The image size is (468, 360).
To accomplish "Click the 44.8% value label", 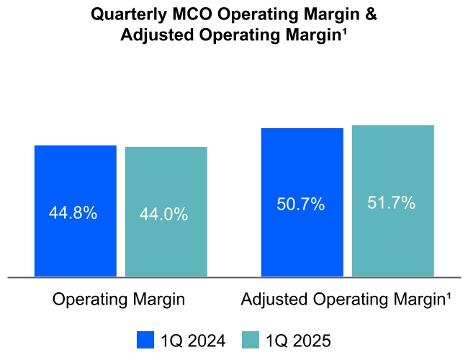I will (x=73, y=213).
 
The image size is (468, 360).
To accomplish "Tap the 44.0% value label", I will (x=163, y=215).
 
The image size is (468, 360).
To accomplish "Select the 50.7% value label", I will (x=300, y=204).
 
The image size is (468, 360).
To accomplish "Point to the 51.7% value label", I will (x=391, y=203).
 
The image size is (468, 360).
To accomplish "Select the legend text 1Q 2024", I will (x=192, y=340).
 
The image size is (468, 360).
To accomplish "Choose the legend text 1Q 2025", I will (x=297, y=340).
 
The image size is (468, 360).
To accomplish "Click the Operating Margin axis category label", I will (x=119, y=300).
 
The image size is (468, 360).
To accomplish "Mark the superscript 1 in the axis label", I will (x=449, y=296).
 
